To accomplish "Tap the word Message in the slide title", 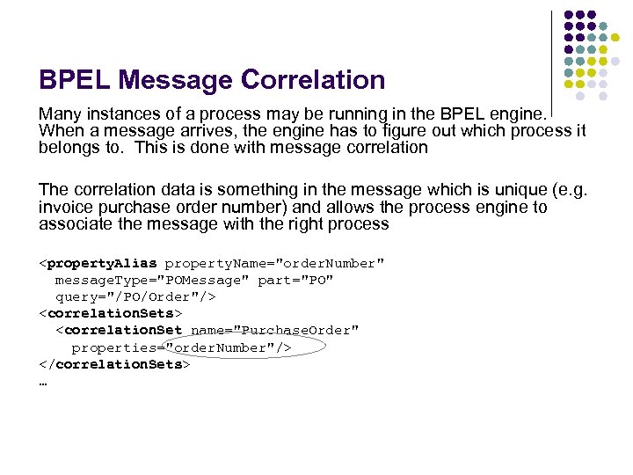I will point(179,81).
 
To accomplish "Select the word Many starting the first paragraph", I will point(58,114).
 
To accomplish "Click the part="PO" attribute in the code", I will point(295,281).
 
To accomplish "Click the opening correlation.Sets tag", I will point(110,314).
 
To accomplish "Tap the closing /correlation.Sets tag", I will point(114,364).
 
